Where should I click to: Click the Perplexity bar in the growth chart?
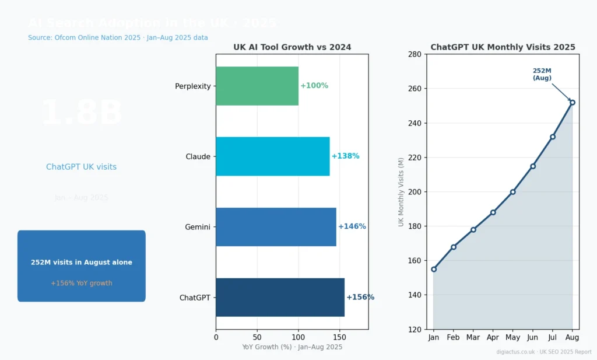point(257,86)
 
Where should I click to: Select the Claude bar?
point(273,156)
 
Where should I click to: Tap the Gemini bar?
point(276,226)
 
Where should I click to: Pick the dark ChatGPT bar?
point(280,297)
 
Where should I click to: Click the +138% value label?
point(346,156)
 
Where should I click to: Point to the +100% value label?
point(314,86)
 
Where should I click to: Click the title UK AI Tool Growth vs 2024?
point(292,47)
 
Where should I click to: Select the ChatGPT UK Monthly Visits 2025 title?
point(503,47)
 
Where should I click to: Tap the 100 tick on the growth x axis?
point(298,337)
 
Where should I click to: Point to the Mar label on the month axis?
point(473,337)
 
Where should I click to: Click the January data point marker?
point(434,269)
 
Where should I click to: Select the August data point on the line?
point(573,103)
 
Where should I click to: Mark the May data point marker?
point(513,192)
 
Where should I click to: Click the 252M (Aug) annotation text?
point(542,74)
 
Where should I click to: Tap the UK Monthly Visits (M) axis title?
point(401,192)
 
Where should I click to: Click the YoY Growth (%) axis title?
point(292,347)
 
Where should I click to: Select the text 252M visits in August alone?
point(82,263)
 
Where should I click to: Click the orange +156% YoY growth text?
point(82,283)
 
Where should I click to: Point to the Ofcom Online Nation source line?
point(118,37)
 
